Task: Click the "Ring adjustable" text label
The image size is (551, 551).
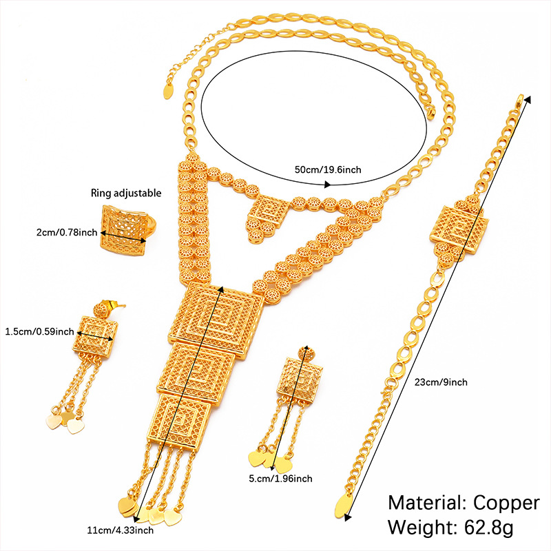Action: [127, 193]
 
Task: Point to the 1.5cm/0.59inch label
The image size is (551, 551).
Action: [39, 331]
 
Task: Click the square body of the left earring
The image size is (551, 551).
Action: [94, 336]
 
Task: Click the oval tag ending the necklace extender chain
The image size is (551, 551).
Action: [169, 90]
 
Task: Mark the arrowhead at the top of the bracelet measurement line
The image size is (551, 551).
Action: [528, 98]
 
